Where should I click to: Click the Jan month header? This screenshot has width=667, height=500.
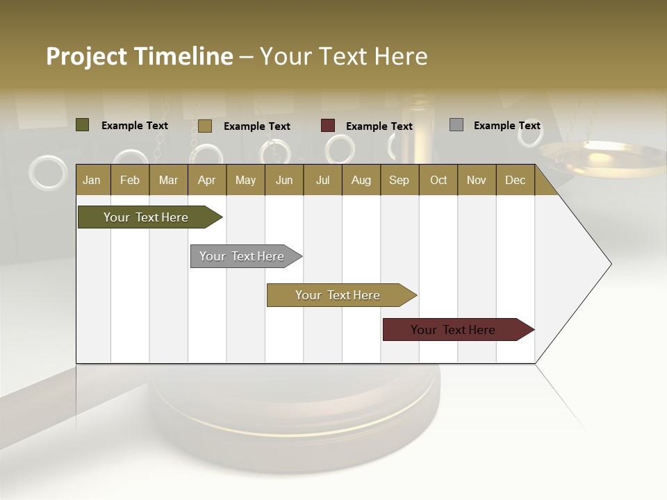(92, 180)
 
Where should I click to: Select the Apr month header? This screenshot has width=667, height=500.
(206, 180)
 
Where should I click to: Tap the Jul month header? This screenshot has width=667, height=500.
(322, 180)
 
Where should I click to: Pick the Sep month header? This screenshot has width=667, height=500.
(399, 180)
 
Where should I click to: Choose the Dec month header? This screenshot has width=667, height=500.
(515, 180)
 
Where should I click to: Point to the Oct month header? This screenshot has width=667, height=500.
(438, 180)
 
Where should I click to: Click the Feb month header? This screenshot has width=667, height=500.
(130, 180)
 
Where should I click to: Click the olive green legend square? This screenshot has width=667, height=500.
(83, 125)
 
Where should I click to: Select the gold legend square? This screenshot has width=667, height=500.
(205, 126)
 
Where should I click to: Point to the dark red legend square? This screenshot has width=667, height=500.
(328, 126)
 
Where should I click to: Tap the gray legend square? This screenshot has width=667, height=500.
(456, 125)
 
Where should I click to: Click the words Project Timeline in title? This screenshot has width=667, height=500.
(139, 56)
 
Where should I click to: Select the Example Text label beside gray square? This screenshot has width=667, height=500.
(507, 126)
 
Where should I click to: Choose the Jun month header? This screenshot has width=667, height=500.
(283, 180)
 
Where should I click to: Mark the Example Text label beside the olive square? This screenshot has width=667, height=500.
(134, 126)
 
